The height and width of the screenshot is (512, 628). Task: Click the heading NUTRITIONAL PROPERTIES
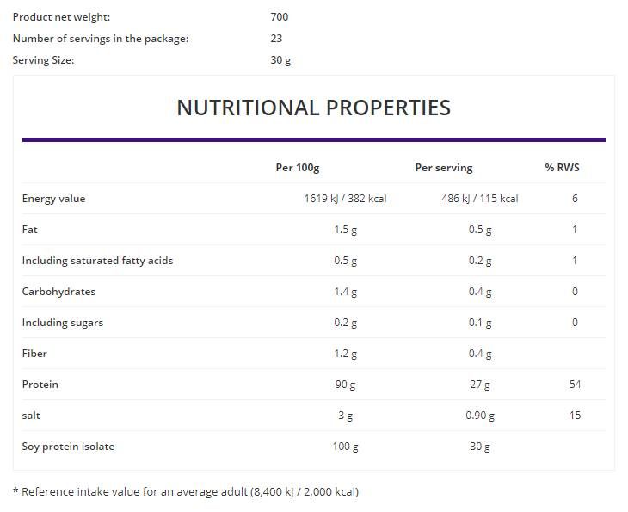coord(313,108)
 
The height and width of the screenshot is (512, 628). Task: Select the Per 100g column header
coord(297,168)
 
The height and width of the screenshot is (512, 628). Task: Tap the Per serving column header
coord(444,168)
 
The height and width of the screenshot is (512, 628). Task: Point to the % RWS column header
coord(562,168)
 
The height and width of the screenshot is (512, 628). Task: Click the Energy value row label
coord(53,199)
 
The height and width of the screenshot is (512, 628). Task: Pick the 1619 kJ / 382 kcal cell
coord(345,199)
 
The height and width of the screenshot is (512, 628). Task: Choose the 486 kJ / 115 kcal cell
coord(479,199)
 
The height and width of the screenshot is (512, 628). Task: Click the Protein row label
coord(40,385)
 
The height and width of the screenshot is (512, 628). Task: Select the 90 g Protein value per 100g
coord(345,385)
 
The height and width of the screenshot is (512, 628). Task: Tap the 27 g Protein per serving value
coord(480,385)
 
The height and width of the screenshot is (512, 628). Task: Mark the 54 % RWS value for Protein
coord(575,385)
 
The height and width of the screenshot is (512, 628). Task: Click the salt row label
coord(32,416)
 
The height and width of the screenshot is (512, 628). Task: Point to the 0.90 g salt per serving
coord(480,416)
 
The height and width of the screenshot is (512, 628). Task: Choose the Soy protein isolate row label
coord(68,447)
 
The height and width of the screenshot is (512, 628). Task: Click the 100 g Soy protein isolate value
coord(345,447)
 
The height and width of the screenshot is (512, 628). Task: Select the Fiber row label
coord(34,354)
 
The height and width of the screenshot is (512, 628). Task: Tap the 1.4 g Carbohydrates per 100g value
coord(345,292)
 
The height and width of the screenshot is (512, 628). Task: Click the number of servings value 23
coord(276,39)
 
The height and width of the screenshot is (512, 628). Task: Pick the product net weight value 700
coord(280,17)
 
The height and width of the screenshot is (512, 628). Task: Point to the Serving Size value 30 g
coord(281,60)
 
